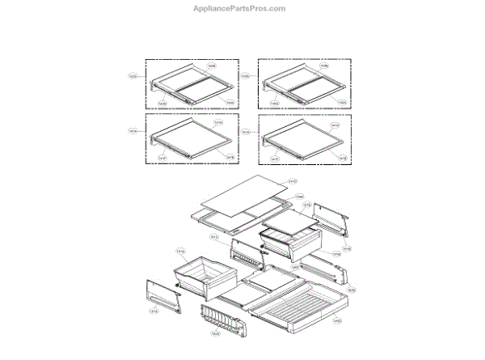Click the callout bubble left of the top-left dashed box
tap(133, 77)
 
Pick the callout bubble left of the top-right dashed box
tap(245, 77)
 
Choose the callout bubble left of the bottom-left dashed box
tap(133, 130)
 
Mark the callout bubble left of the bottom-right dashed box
tap(245, 130)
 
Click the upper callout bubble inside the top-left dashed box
tap(212, 65)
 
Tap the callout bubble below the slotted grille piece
tap(215, 333)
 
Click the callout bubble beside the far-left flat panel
tap(153, 310)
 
